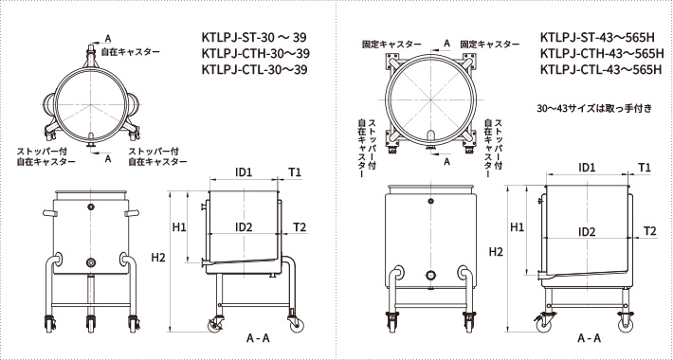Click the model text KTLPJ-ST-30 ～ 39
pyautogui.click(x=262, y=38)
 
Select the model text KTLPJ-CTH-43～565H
pyautogui.click(x=599, y=54)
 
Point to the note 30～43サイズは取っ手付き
pyautogui.click(x=593, y=107)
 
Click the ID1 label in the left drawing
pyautogui.click(x=243, y=171)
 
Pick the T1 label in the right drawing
pyautogui.click(x=645, y=167)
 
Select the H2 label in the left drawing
pyautogui.click(x=158, y=258)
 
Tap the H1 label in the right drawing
pyautogui.click(x=517, y=227)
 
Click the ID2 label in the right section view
pyautogui.click(x=587, y=231)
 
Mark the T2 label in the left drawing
pyautogui.click(x=300, y=227)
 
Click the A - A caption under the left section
pyautogui.click(x=258, y=338)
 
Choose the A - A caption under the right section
pyautogui.click(x=588, y=338)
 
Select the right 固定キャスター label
pyautogui.click(x=489, y=45)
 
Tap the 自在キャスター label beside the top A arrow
pyautogui.click(x=132, y=49)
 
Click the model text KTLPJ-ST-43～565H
pyautogui.click(x=595, y=38)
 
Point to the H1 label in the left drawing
pyautogui.click(x=179, y=227)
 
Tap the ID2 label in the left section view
pyautogui.click(x=243, y=227)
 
